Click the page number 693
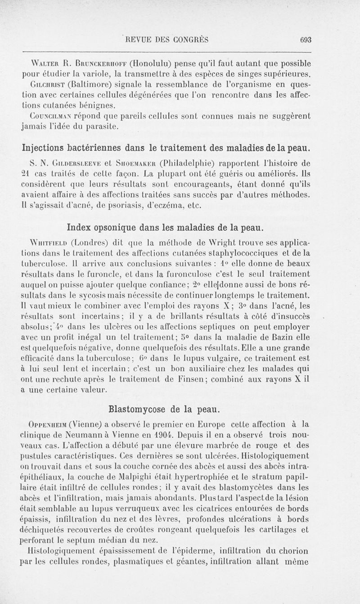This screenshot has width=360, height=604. [306, 40]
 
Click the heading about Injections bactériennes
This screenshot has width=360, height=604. [166, 147]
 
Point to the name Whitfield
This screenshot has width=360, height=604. [46, 239]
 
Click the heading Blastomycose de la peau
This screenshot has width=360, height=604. [164, 409]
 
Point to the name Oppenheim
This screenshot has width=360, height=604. [45, 424]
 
